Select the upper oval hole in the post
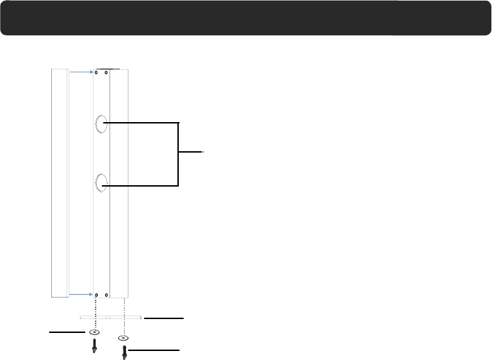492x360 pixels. click(100, 124)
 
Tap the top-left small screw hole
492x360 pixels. click(97, 72)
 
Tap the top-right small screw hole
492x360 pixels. click(106, 72)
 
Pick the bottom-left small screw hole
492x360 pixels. click(97, 294)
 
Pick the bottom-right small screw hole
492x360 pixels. click(106, 294)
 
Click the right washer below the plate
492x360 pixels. click(123, 338)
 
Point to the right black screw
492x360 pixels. click(124, 352)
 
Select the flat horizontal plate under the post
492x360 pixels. click(111, 318)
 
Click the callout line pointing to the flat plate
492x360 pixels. click(164, 318)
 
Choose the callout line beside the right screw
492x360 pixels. click(154, 350)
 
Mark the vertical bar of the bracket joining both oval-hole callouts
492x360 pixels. click(179, 154)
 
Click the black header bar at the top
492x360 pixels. click(246, 17)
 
